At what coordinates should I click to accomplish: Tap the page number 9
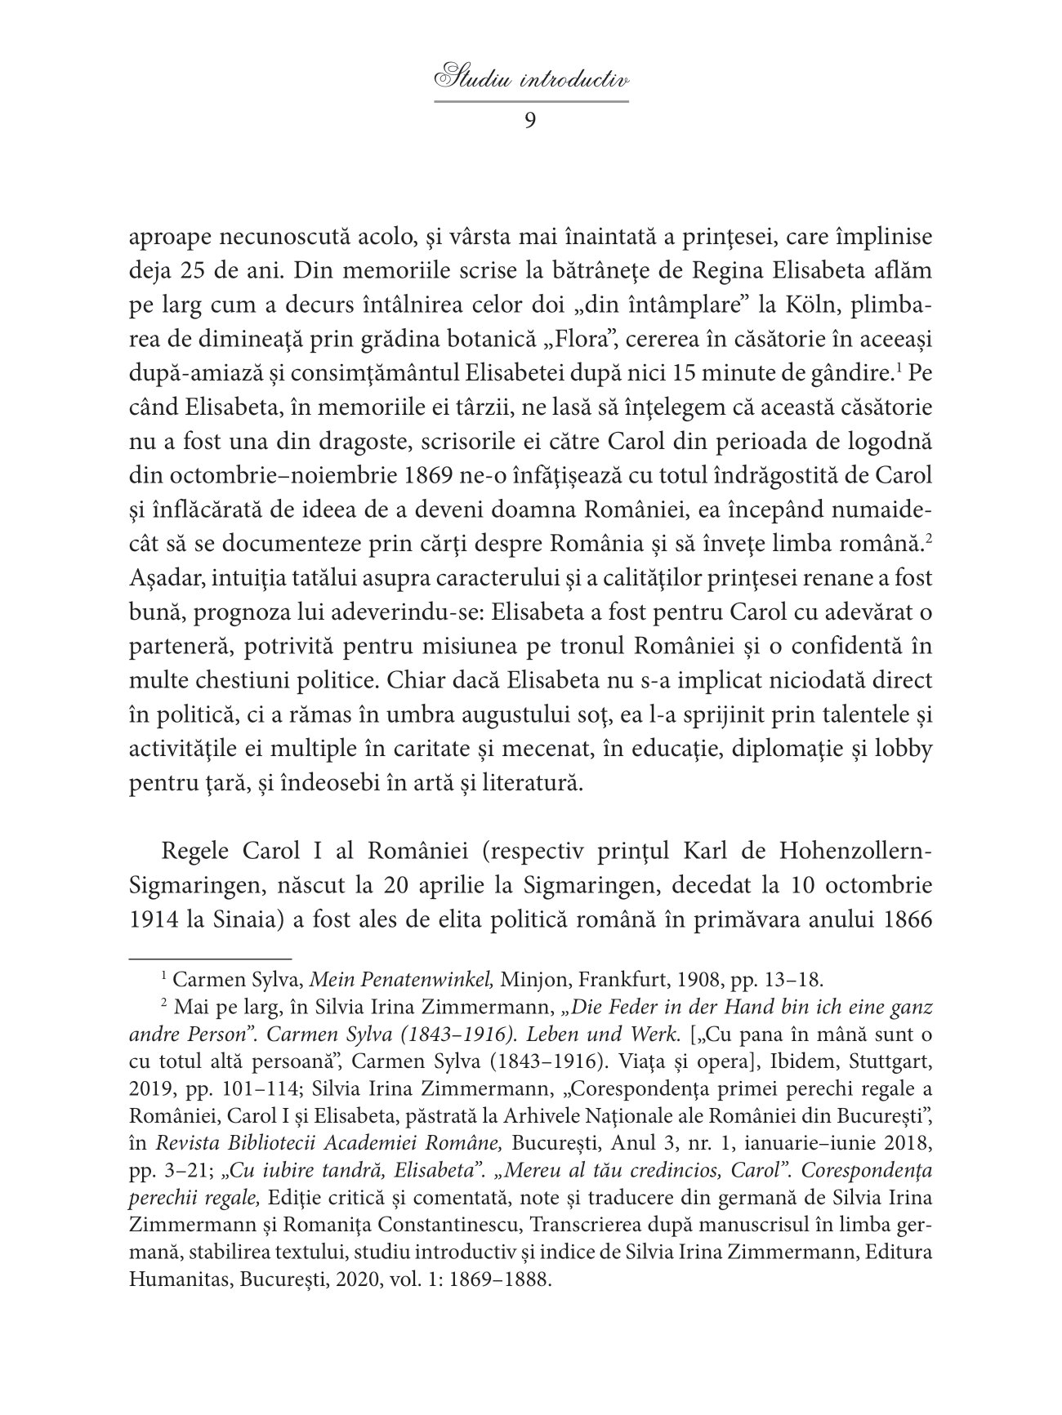click(x=530, y=121)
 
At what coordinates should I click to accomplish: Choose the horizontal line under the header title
click(x=531, y=101)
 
